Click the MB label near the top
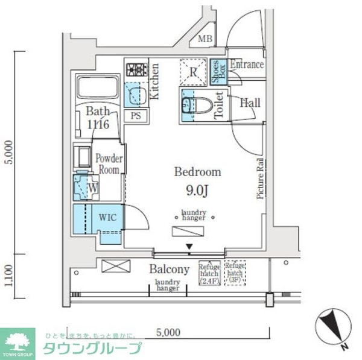coord(206,40)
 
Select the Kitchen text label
coord(154,81)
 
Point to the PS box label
coord(136,116)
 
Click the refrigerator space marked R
coord(194,72)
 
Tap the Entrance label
coord(246,64)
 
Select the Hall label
coord(250,103)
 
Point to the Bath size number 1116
coord(97,125)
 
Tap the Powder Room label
coord(109,163)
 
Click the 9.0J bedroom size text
coord(197,192)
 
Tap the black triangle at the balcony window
coord(189,246)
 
